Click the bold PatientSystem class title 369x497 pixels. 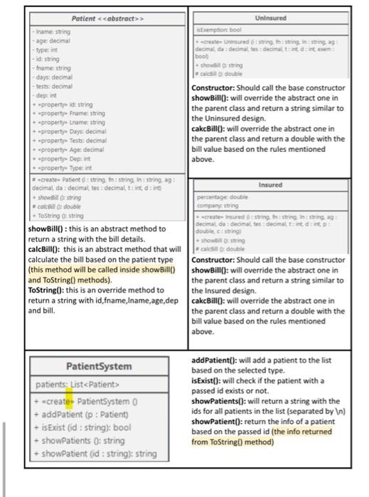(99, 366)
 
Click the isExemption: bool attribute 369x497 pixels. (215, 32)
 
